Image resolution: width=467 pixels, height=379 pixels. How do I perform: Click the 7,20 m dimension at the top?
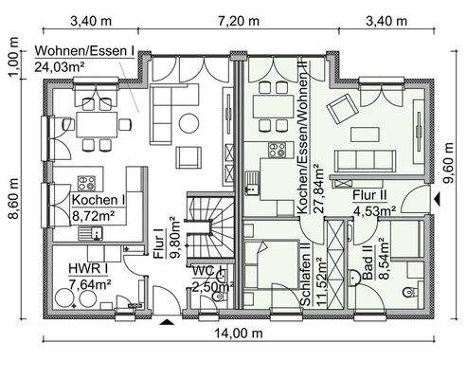240,19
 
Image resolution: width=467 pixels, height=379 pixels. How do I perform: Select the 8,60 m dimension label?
12,203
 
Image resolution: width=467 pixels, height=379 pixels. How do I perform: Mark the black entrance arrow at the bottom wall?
168,323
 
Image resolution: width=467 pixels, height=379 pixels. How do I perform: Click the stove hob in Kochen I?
88,182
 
